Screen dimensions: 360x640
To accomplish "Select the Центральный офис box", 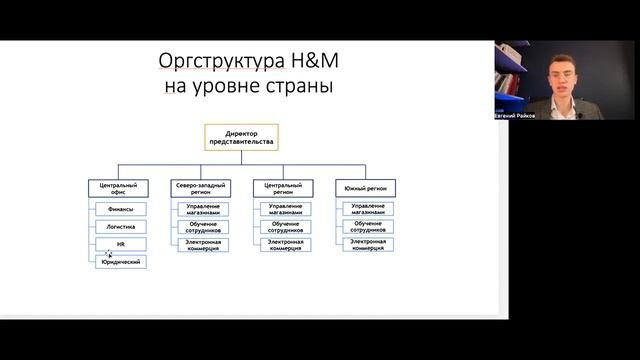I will pyautogui.click(x=118, y=187).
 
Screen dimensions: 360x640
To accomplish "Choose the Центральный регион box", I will pyautogui.click(x=282, y=187).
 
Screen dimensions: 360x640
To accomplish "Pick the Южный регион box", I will pyautogui.click(x=365, y=187).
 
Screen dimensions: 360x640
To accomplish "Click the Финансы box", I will pyautogui.click(x=122, y=209).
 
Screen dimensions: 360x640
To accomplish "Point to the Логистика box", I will pyautogui.click(x=122, y=227).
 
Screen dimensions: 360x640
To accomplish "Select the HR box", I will pyautogui.click(x=122, y=244).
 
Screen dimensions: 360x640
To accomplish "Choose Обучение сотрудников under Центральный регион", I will pyautogui.click(x=285, y=227).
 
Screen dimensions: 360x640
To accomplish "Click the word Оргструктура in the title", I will pyautogui.click(x=214, y=62).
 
